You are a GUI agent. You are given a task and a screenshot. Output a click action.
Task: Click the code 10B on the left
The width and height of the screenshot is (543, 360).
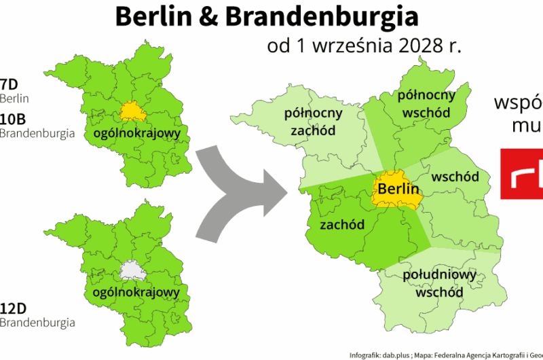(13, 119)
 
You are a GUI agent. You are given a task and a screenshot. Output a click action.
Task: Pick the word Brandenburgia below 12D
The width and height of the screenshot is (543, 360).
(37, 321)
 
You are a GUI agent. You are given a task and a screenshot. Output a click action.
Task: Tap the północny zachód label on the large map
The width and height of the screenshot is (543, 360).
(313, 121)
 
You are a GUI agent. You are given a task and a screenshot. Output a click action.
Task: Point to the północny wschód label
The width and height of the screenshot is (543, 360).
(426, 103)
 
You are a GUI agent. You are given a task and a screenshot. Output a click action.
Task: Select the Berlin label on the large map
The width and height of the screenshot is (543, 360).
(398, 189)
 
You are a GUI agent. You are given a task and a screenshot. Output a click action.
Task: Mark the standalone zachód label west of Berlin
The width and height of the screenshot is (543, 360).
(342, 224)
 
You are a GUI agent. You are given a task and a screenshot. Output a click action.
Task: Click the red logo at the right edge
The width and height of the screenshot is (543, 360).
(521, 173)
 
